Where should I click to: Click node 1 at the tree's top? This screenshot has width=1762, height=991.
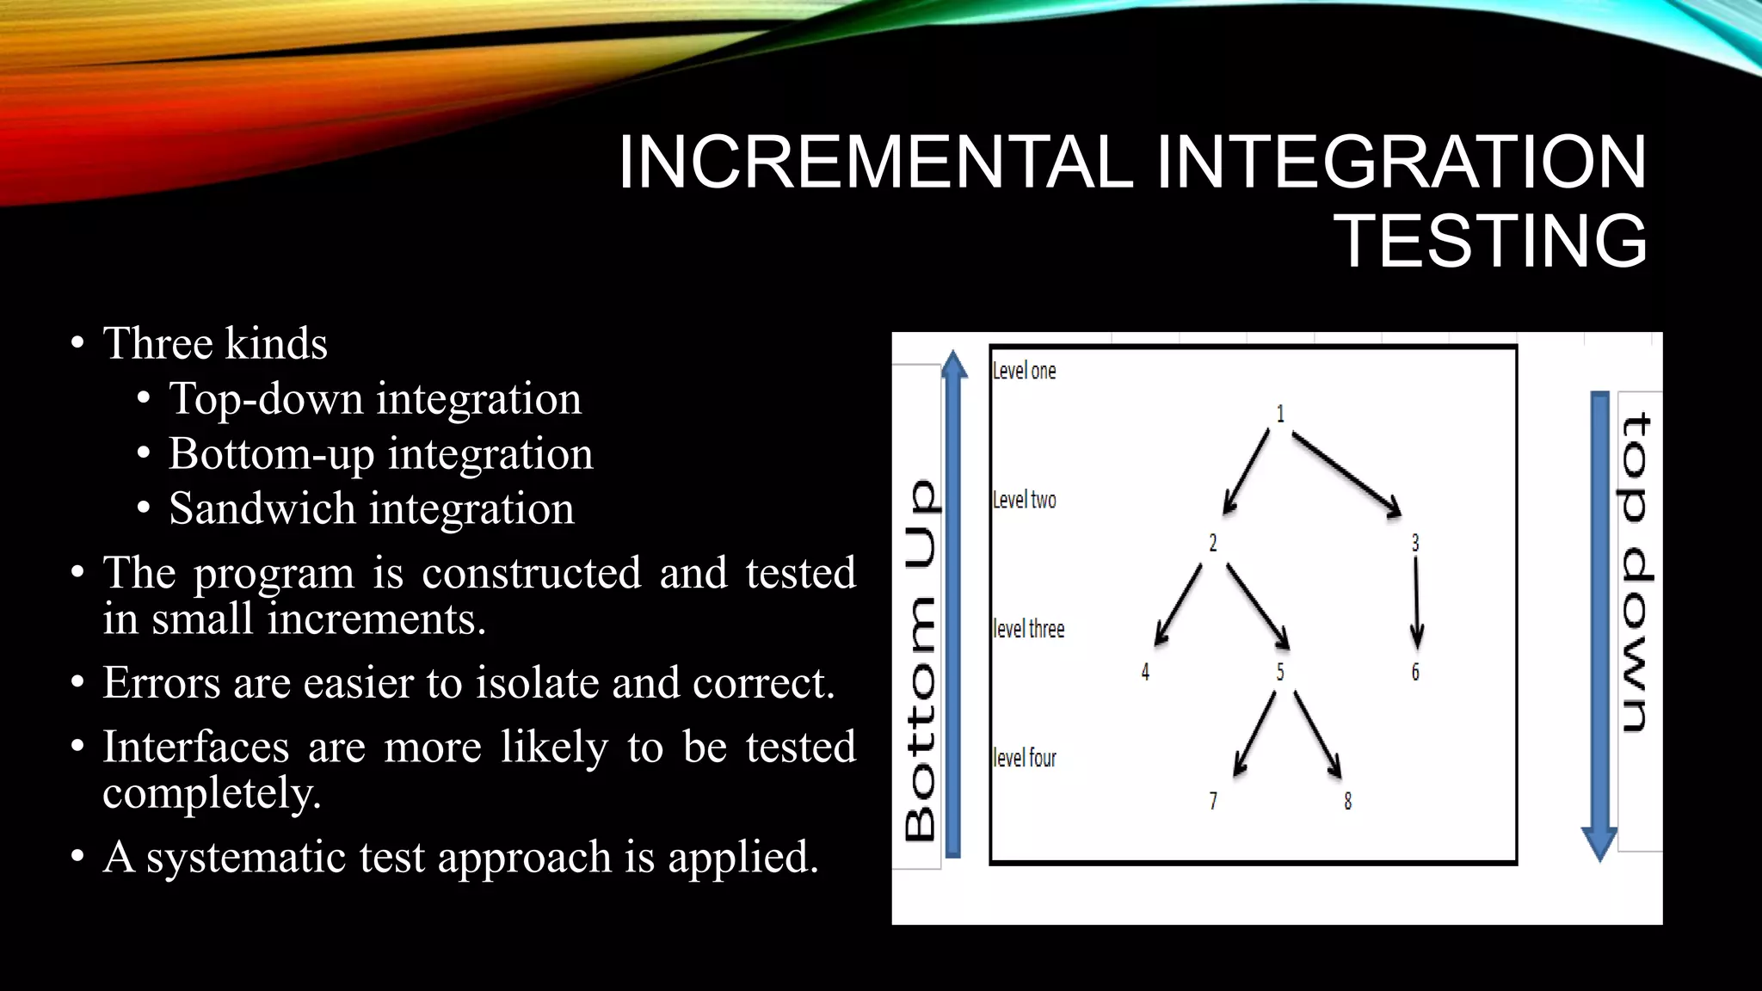[1280, 414]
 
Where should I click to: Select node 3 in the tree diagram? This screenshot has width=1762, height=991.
[1415, 543]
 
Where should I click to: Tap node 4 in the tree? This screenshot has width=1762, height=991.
[1145, 672]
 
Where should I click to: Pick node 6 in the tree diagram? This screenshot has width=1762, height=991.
[1415, 672]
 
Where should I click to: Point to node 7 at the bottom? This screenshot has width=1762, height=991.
[1213, 801]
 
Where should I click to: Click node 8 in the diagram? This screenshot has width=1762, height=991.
[1347, 801]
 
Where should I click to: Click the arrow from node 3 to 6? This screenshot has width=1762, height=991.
[1416, 603]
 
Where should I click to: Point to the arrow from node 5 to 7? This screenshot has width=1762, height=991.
[1254, 733]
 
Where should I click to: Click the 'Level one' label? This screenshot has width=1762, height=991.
[1024, 371]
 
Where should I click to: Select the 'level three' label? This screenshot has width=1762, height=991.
[1028, 629]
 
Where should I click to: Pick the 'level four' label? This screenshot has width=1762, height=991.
[1024, 758]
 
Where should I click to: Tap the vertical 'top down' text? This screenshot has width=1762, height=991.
[1636, 572]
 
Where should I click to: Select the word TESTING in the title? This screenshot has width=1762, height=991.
[1490, 242]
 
